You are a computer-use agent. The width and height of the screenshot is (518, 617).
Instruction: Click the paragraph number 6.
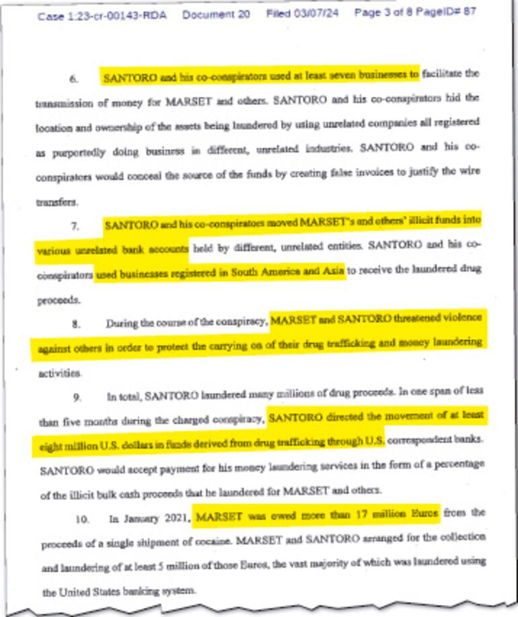click(x=73, y=78)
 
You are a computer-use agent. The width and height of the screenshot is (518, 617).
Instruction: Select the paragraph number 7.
click(x=75, y=225)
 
